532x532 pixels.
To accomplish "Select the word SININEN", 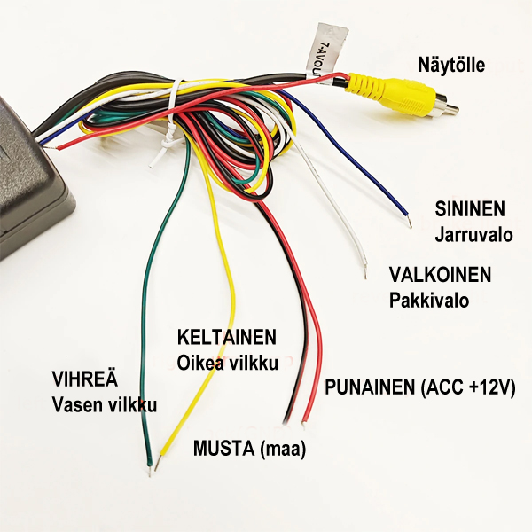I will (470, 209).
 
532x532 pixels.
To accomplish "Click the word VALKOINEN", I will (440, 273).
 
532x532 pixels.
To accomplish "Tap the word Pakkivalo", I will (429, 300).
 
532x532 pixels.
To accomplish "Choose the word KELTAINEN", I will (227, 338).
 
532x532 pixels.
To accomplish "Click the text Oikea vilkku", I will (228, 363).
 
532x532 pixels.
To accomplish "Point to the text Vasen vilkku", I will (104, 405).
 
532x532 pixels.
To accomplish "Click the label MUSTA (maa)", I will (249, 449).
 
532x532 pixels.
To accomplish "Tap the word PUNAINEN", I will (371, 387).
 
